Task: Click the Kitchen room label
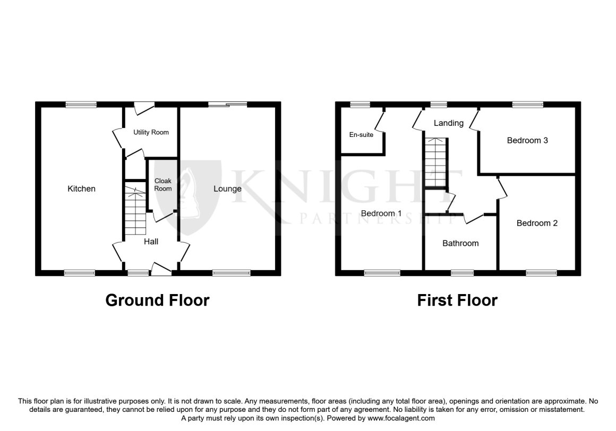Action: (x=81, y=189)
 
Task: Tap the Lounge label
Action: (x=227, y=189)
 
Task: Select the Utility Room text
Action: (x=151, y=132)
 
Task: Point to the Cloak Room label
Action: (x=162, y=185)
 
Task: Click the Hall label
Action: (x=151, y=242)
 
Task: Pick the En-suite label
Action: (x=361, y=135)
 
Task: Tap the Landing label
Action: (x=448, y=123)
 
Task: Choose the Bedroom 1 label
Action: (x=381, y=213)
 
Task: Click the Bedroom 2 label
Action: (x=537, y=223)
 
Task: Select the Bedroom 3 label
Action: (x=527, y=141)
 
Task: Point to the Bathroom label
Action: (x=460, y=244)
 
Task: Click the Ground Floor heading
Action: (x=157, y=300)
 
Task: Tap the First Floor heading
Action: (x=457, y=300)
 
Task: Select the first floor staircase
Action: (x=436, y=162)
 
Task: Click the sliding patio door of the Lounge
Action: (x=227, y=105)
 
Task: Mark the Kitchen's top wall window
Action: (x=81, y=105)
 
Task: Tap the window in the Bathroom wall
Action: (x=462, y=273)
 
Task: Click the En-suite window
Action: (x=360, y=105)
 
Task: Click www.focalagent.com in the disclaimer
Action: (x=401, y=418)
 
